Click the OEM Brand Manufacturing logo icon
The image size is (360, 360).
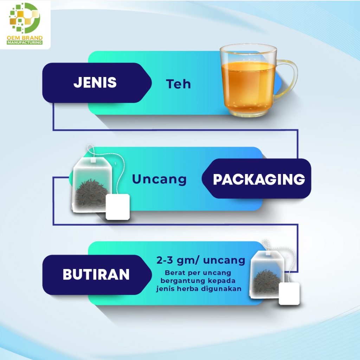tap(24, 18)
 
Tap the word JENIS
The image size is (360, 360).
tap(95, 82)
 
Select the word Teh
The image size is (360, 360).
tap(178, 84)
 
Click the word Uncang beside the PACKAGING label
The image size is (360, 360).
tap(159, 179)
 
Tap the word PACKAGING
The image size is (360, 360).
tap(259, 179)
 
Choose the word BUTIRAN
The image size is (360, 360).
tap(96, 274)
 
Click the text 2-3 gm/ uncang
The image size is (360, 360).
tap(201, 261)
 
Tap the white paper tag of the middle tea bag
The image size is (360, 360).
tap(118, 207)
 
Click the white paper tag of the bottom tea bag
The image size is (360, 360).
tap(289, 294)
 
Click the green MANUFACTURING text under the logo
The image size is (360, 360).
tap(25, 43)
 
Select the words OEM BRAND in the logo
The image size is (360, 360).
tap(25, 38)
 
